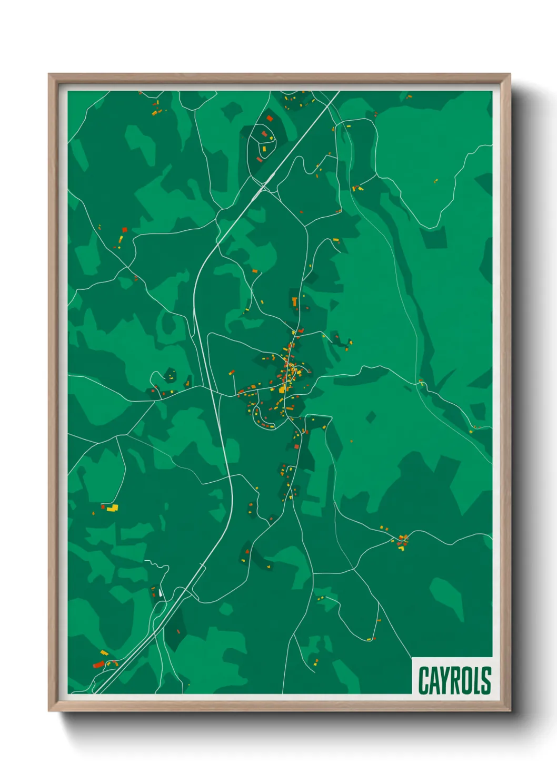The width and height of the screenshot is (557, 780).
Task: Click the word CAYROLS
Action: pyautogui.click(x=454, y=680)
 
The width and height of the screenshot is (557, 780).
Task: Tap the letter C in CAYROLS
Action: pyautogui.click(x=424, y=680)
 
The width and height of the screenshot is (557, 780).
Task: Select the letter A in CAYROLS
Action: pyautogui.click(x=435, y=680)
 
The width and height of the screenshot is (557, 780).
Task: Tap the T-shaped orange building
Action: pyautogui.click(x=295, y=301)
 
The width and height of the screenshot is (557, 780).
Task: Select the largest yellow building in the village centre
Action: pyautogui.click(x=283, y=389)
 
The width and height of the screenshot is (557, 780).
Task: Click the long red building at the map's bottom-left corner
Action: pyautogui.click(x=98, y=664)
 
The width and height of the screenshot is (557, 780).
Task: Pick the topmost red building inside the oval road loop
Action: pyautogui.click(x=270, y=119)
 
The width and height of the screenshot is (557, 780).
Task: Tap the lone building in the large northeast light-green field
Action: pyautogui.click(x=435, y=181)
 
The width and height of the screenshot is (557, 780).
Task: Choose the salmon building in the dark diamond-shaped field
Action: pyautogui.click(x=178, y=631)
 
